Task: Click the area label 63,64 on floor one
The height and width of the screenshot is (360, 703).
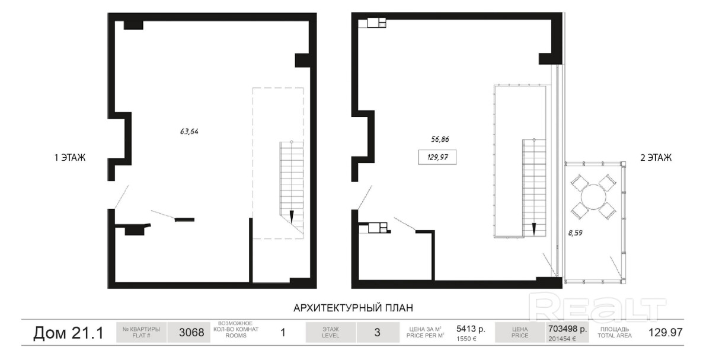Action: pyautogui.click(x=188, y=132)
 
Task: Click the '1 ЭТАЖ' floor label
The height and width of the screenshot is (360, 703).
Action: pyautogui.click(x=69, y=158)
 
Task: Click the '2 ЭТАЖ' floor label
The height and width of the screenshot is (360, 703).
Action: pyautogui.click(x=656, y=158)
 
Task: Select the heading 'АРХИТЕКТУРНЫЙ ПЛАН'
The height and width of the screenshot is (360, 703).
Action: pyautogui.click(x=353, y=308)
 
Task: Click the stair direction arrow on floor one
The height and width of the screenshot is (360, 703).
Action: pyautogui.click(x=292, y=217)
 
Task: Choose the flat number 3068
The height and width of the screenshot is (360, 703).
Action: pyautogui.click(x=191, y=333)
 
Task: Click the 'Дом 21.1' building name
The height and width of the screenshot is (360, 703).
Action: pyautogui.click(x=68, y=333)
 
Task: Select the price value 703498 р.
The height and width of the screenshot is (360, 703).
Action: pyautogui.click(x=567, y=329)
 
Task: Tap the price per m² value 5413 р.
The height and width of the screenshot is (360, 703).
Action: pyautogui.click(x=471, y=329)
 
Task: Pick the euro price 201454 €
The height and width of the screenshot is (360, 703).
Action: pyautogui.click(x=562, y=339)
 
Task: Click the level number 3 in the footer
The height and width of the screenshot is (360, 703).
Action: pyautogui.click(x=377, y=333)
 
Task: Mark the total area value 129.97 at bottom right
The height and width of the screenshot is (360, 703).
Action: pyautogui.click(x=666, y=333)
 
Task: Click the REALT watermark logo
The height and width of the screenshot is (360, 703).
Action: pyautogui.click(x=597, y=308)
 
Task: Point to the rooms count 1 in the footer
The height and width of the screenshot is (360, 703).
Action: pyautogui.click(x=283, y=333)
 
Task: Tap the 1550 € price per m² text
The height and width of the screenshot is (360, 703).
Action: pyautogui.click(x=466, y=339)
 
